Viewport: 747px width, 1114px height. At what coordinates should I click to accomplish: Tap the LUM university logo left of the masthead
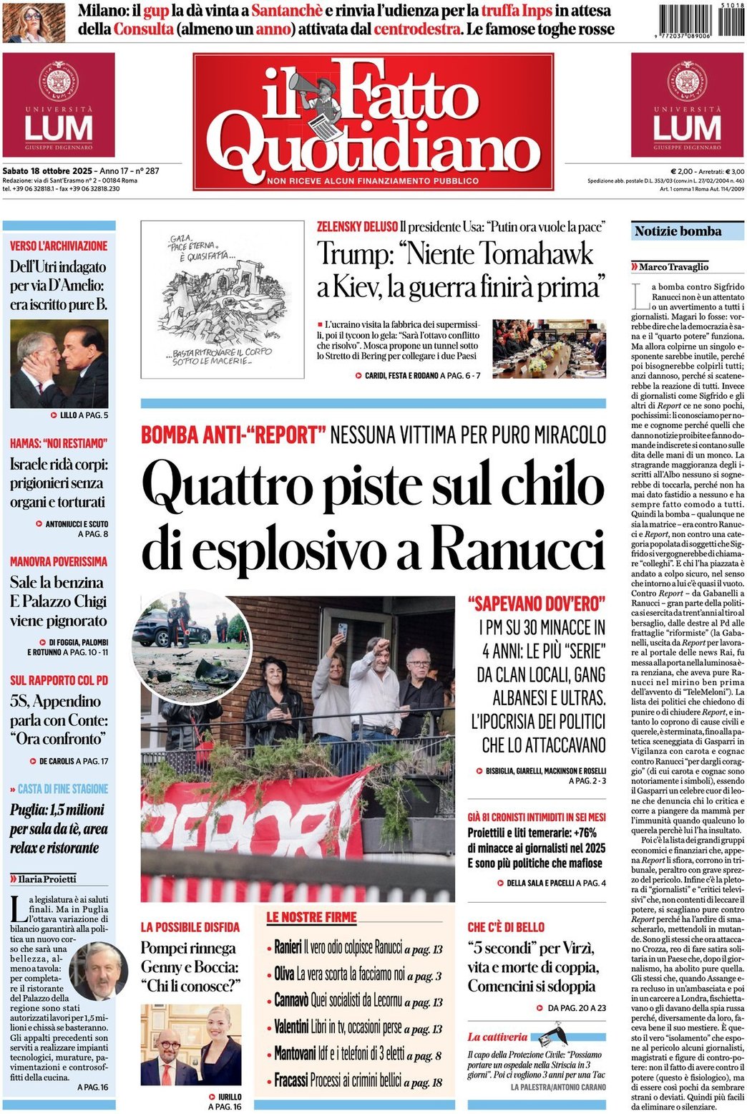click(x=59, y=105)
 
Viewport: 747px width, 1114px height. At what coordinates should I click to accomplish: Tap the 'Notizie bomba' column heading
click(x=678, y=231)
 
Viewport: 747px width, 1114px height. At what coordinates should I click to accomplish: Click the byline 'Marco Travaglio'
click(x=673, y=267)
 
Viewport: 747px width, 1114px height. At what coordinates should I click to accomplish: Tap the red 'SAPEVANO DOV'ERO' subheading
click(x=536, y=604)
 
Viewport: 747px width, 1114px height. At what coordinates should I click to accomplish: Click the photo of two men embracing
click(x=59, y=364)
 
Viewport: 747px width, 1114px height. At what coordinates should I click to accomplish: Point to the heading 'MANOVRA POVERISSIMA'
click(x=59, y=561)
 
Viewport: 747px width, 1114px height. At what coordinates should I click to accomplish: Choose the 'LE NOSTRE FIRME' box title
click(x=311, y=917)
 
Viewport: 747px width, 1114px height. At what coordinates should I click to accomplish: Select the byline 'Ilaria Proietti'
click(x=47, y=878)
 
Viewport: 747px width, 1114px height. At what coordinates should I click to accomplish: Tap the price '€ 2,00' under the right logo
click(x=683, y=171)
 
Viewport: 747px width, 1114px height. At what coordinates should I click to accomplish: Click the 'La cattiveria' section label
click(x=497, y=1037)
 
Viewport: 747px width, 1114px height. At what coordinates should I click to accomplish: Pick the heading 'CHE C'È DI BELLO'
click(x=506, y=927)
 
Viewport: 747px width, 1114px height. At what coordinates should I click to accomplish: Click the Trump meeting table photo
click(x=549, y=349)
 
